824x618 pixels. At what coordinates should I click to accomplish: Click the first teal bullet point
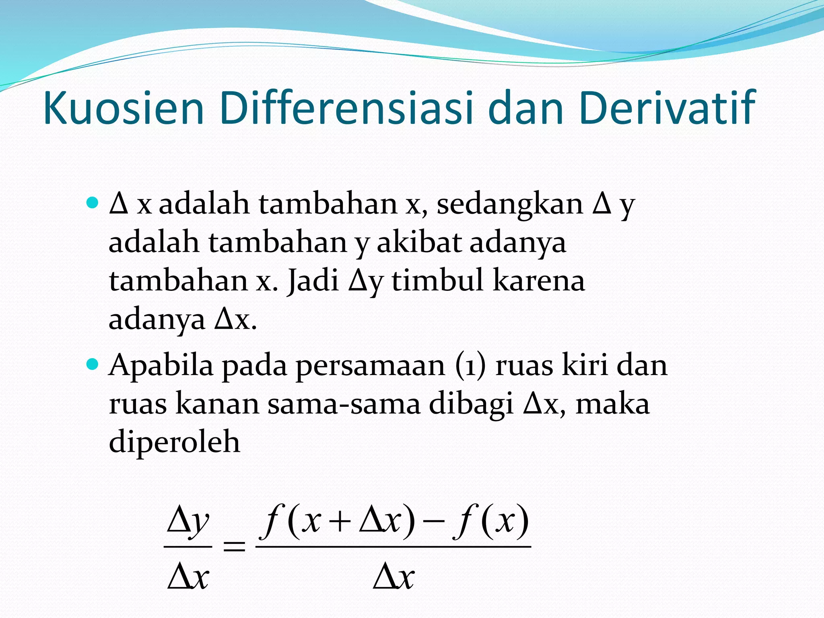93,202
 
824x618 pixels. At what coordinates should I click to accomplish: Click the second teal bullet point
93,365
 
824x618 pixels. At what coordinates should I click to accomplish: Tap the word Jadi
313,280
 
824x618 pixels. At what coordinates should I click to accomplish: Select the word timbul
437,280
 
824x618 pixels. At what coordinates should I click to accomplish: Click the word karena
539,281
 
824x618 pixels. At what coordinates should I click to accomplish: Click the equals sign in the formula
234,546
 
